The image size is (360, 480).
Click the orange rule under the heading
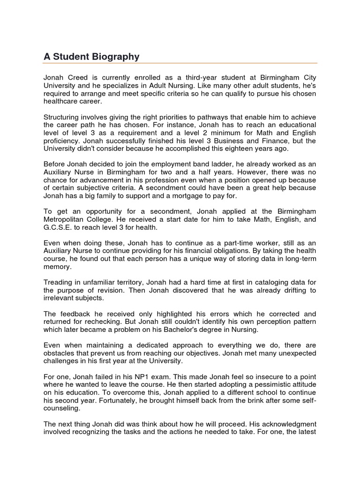click(x=180, y=63)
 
